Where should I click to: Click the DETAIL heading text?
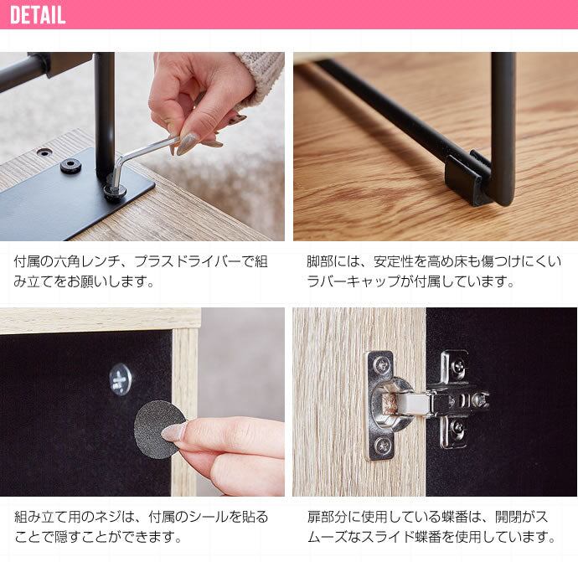[x=38, y=15]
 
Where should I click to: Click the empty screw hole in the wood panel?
[x=44, y=152]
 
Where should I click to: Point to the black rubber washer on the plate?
[x=70, y=166]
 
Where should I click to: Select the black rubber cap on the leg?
[x=468, y=178]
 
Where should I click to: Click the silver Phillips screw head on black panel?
[x=120, y=379]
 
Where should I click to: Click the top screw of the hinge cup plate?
[x=380, y=365]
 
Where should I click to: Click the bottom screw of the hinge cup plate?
[x=382, y=446]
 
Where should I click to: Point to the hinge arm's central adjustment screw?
[x=477, y=400]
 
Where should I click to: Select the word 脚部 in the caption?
[x=320, y=261]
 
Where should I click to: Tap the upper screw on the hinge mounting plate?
[x=458, y=365]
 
